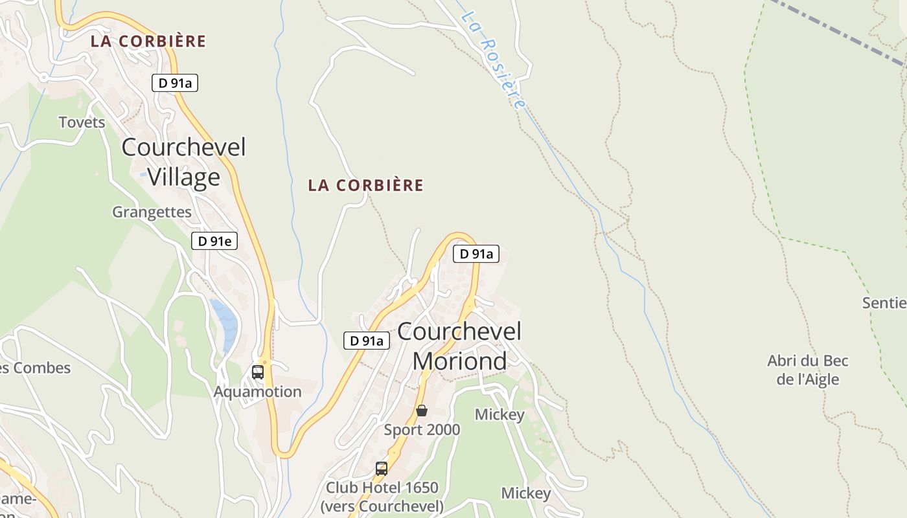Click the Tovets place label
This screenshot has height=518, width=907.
(82, 122)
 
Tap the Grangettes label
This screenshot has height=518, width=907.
(152, 212)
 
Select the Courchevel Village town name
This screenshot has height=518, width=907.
(184, 162)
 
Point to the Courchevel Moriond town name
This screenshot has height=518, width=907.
(459, 346)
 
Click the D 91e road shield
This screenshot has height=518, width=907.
(214, 241)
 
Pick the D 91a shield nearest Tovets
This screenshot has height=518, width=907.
(175, 82)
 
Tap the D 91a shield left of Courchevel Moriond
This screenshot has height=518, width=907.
(367, 341)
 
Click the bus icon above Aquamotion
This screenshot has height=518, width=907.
(258, 372)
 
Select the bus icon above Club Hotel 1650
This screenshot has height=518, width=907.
(382, 468)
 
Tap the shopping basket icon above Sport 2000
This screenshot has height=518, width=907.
(422, 411)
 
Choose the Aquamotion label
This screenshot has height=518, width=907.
(258, 392)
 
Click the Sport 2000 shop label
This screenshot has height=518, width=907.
(422, 430)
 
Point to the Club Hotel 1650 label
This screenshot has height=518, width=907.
(382, 496)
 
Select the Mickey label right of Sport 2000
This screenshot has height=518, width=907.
(499, 414)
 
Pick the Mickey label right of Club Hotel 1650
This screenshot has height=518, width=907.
(526, 493)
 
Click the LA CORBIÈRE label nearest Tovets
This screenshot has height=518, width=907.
(148, 41)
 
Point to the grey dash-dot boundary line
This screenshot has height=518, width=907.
(842, 32)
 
